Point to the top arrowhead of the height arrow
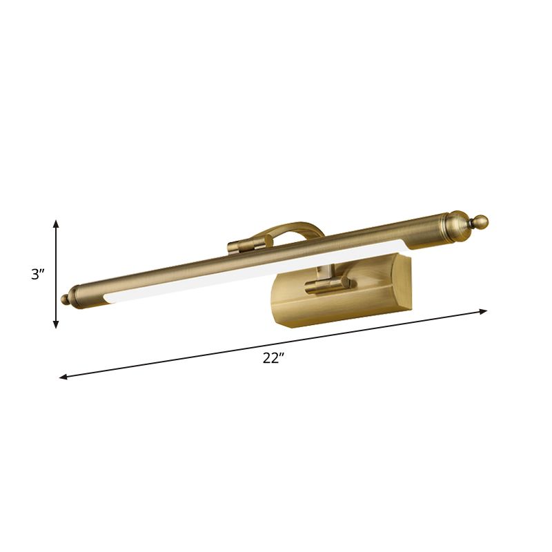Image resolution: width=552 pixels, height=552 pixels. (x=57, y=223)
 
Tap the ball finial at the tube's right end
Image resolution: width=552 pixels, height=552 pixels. (x=480, y=221)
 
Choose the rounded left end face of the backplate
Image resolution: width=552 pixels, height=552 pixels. (x=283, y=304)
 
